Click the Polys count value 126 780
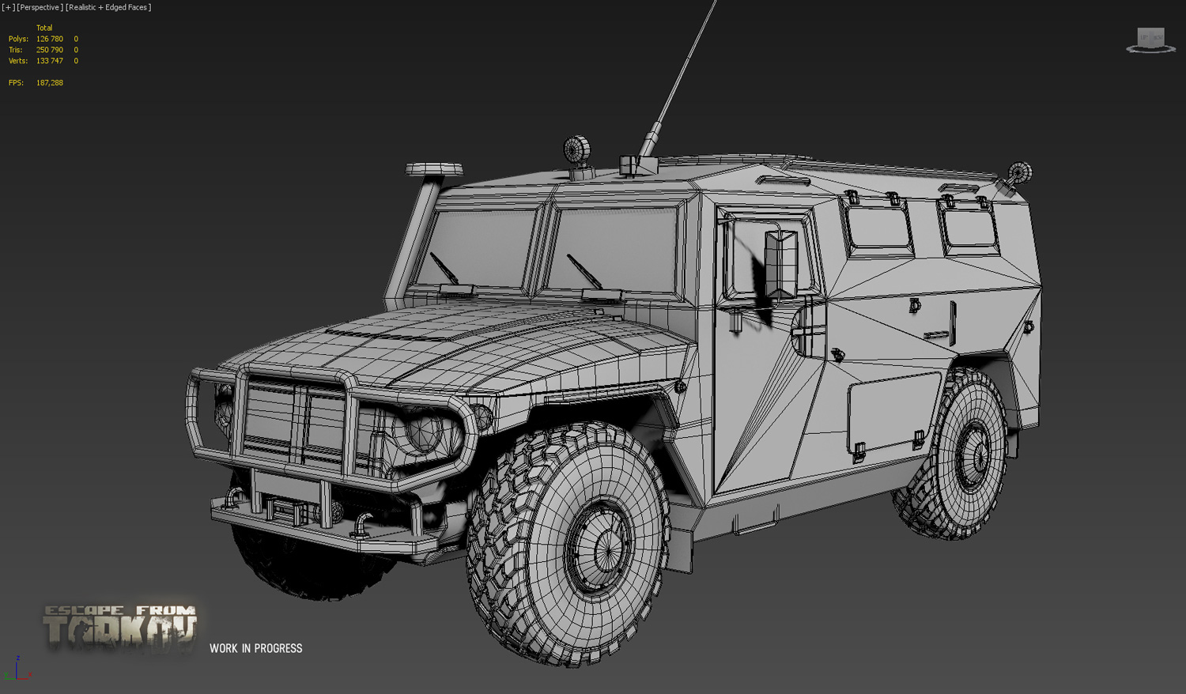tap(49, 39)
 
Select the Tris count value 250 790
tap(49, 50)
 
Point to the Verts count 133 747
tap(49, 61)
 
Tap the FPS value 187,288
tap(49, 82)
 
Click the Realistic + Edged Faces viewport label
tap(108, 7)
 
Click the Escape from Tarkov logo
tap(119, 628)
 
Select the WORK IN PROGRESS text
tap(255, 648)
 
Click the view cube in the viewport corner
tap(1150, 40)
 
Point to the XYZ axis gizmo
tap(18, 669)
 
